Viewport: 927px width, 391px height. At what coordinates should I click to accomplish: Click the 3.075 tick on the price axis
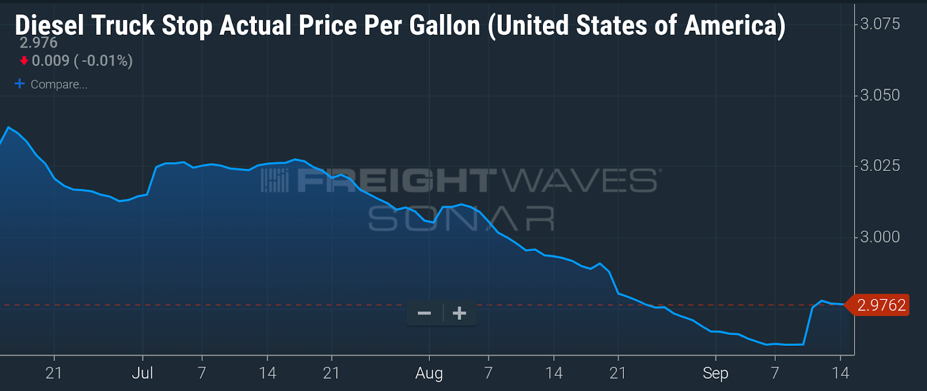pyautogui.click(x=879, y=24)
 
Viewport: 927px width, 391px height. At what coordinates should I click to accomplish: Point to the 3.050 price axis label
pyautogui.click(x=879, y=95)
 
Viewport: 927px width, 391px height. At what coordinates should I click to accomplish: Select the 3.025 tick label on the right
pyautogui.click(x=879, y=166)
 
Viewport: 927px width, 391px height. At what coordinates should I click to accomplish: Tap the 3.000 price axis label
pyautogui.click(x=879, y=237)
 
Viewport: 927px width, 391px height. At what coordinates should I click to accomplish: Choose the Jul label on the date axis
pyautogui.click(x=143, y=373)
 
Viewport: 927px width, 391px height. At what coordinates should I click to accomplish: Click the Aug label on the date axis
pyautogui.click(x=429, y=374)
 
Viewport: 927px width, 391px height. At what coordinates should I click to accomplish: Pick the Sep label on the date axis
pyautogui.click(x=716, y=374)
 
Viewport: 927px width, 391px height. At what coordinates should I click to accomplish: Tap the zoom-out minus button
pyautogui.click(x=425, y=313)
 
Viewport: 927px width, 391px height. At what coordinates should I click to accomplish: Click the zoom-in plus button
pyautogui.click(x=459, y=313)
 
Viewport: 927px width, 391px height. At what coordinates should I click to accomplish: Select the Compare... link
pyautogui.click(x=59, y=85)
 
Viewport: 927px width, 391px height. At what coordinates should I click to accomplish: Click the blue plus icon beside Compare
pyautogui.click(x=20, y=84)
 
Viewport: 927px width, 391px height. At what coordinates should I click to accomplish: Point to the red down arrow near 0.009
pyautogui.click(x=24, y=61)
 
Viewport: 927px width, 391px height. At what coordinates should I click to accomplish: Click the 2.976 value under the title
pyautogui.click(x=39, y=43)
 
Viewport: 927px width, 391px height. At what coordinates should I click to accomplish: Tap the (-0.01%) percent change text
pyautogui.click(x=103, y=61)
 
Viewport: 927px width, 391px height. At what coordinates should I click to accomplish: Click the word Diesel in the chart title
pyautogui.click(x=49, y=25)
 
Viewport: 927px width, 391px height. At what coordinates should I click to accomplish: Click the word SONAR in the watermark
pyautogui.click(x=461, y=219)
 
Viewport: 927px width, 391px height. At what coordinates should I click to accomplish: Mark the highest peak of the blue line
pyautogui.click(x=8, y=127)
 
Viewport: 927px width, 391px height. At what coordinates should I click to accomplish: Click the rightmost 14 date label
pyautogui.click(x=840, y=373)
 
